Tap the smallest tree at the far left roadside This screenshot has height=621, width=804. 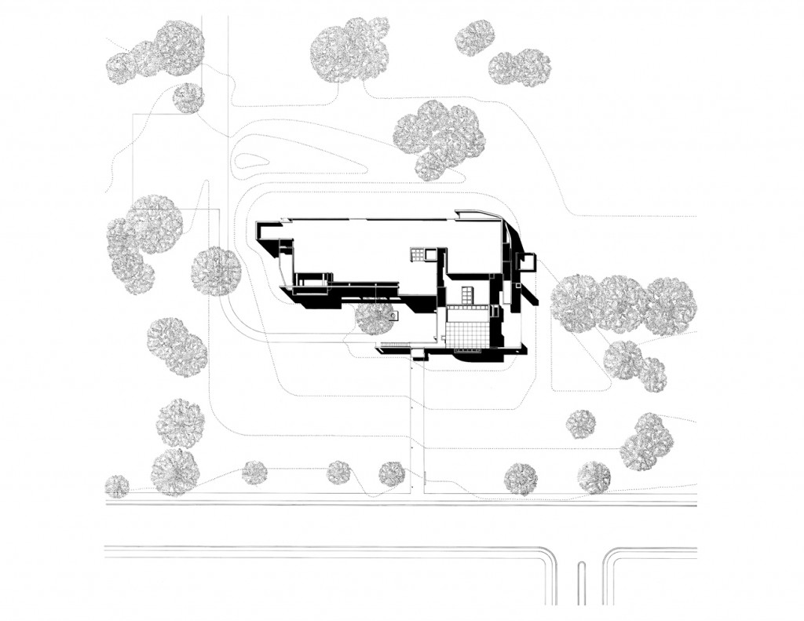117,486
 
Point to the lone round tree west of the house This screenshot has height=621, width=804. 216,270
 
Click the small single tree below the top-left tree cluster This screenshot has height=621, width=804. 188,97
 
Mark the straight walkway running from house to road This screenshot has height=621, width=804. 416,424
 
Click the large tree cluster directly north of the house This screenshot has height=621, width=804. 440,138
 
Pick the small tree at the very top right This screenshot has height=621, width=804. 474,38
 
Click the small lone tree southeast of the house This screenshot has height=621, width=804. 581,424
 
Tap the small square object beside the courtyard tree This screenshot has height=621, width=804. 394,317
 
